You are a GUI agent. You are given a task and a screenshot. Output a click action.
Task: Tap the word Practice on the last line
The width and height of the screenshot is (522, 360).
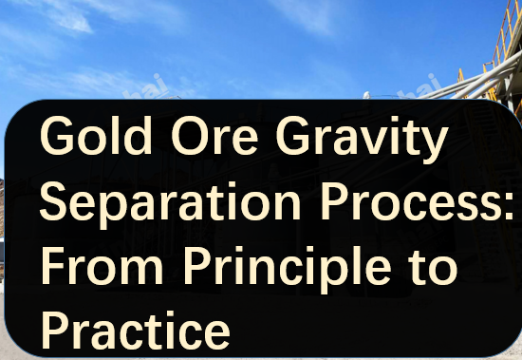coord(135,331)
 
